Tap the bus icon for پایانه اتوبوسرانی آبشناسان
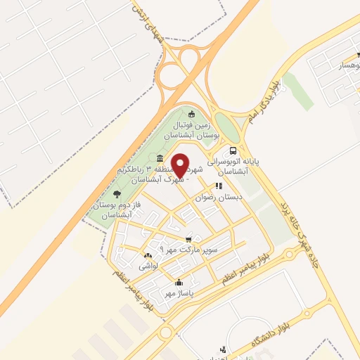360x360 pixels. tap(233, 150)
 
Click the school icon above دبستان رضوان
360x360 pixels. tap(219, 186)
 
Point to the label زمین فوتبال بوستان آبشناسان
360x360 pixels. tap(192, 128)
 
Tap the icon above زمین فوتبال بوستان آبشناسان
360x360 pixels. tap(192, 114)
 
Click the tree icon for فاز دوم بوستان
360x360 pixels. tap(117, 194)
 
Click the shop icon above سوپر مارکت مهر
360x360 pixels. tap(188, 239)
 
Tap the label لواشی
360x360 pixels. tap(148, 266)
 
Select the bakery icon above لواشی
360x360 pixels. tap(148, 256)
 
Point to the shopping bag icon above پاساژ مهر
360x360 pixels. tap(178, 282)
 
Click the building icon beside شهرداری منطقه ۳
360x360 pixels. tap(161, 157)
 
